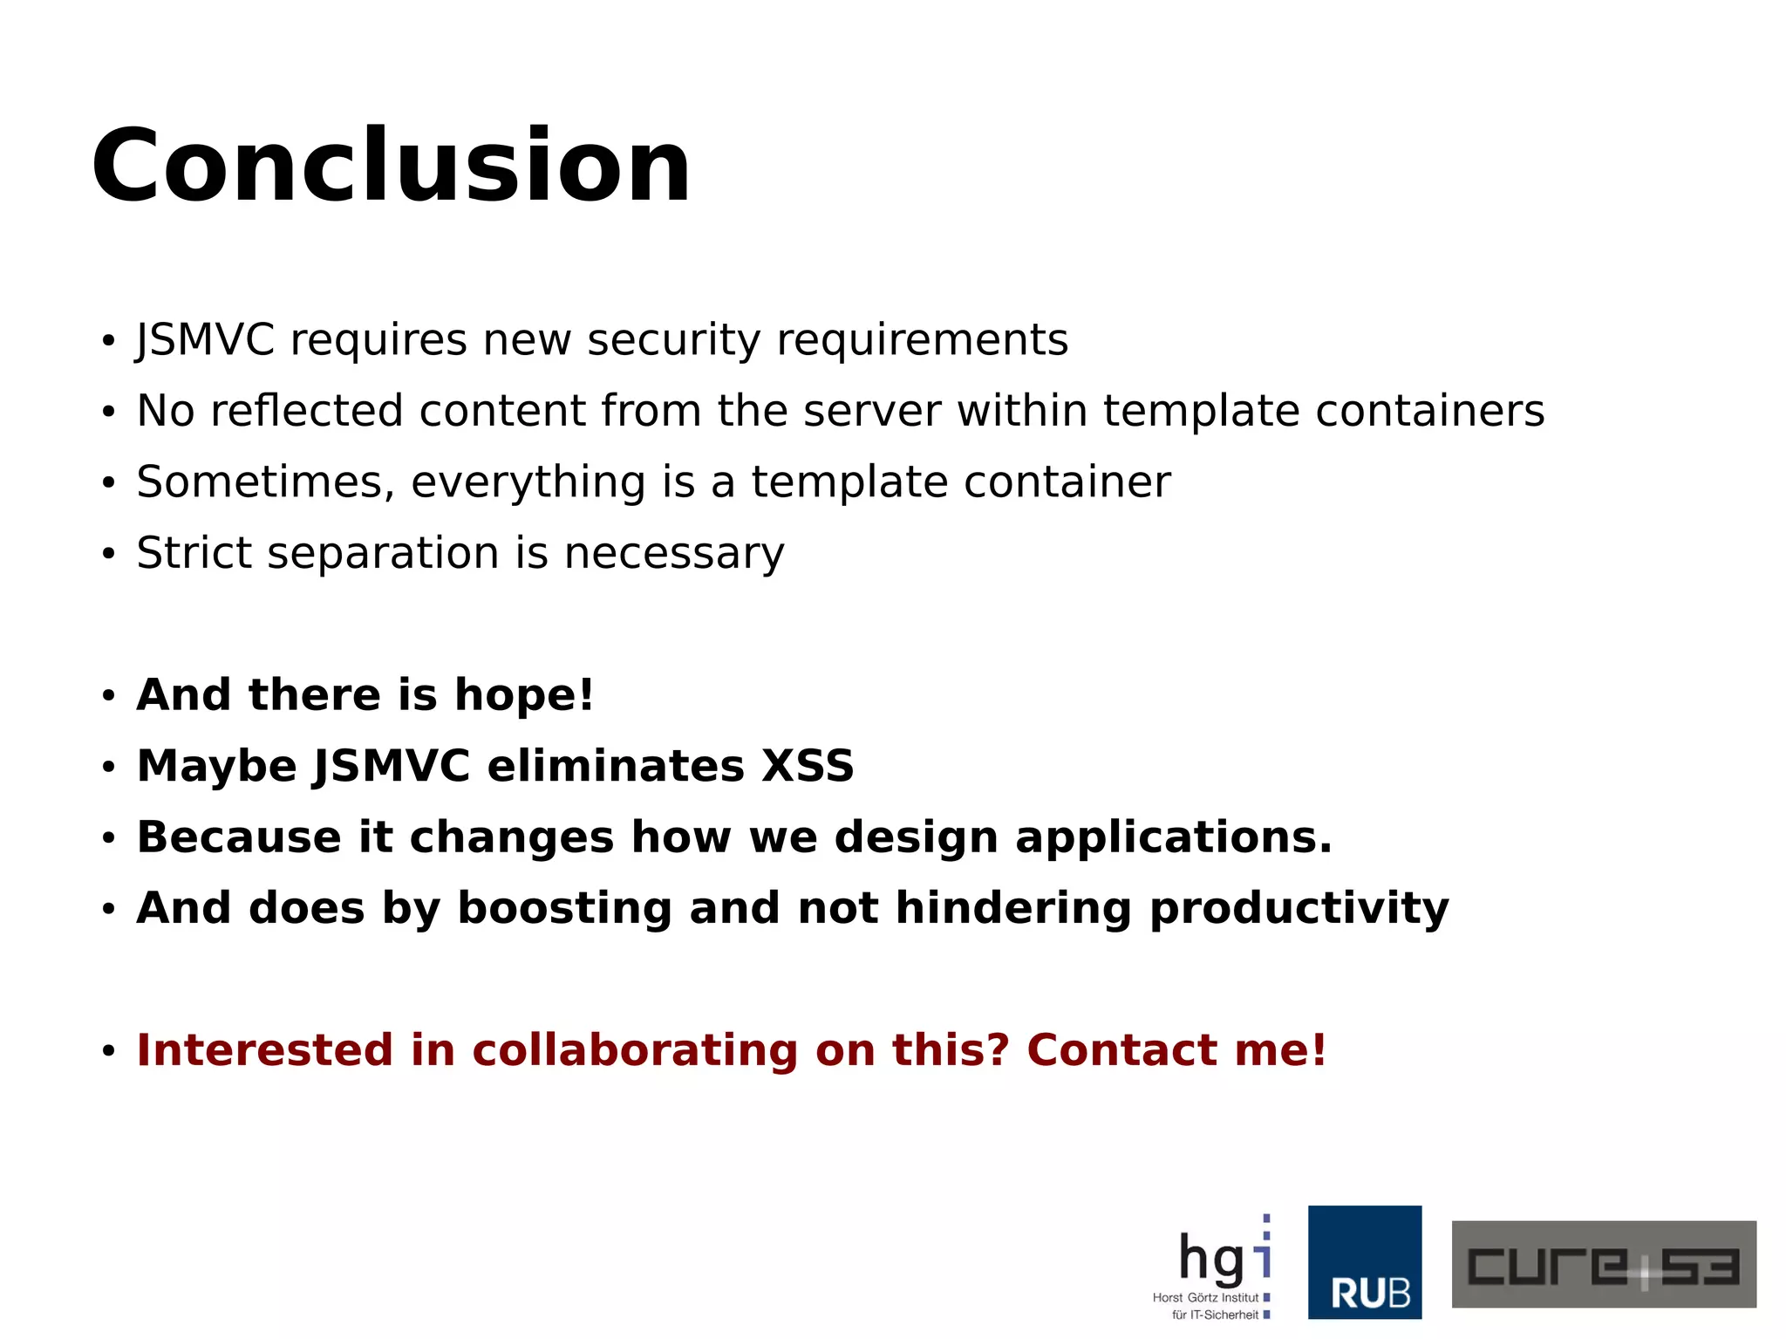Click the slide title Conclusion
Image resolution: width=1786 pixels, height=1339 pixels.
(x=391, y=166)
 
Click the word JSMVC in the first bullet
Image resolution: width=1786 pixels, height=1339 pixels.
(x=206, y=339)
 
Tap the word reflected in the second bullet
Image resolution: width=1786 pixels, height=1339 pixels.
(x=306, y=411)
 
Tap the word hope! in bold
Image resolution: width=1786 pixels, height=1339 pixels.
(x=524, y=695)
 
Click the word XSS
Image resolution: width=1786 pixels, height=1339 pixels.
(x=808, y=767)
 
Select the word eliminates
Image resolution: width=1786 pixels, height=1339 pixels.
(x=615, y=767)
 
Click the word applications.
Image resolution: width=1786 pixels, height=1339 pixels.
(x=1174, y=838)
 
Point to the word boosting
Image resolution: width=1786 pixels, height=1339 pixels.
(x=564, y=909)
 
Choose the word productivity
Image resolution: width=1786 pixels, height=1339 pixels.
(x=1299, y=909)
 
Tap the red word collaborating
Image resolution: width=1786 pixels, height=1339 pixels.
(x=635, y=1050)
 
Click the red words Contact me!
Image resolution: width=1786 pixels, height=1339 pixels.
(x=1176, y=1050)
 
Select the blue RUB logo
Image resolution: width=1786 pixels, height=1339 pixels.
(x=1364, y=1262)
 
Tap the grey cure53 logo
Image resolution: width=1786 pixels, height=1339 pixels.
(x=1603, y=1264)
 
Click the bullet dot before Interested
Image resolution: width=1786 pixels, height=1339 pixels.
(x=108, y=1052)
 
